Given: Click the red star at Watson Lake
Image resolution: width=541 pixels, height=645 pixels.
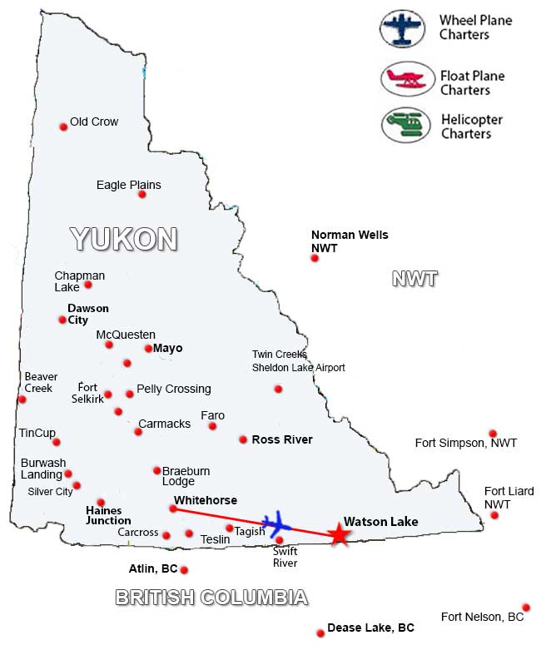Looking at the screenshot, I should click(x=339, y=534).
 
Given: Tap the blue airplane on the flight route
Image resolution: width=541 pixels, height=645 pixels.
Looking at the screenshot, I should click(x=276, y=524).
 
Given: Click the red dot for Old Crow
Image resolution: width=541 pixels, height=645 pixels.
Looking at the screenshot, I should click(x=63, y=127).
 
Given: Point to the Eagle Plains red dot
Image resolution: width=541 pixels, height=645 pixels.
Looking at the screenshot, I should click(x=142, y=195).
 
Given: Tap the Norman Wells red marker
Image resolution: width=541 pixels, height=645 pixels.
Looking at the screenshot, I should click(x=315, y=259).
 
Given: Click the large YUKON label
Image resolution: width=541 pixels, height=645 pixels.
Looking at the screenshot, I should click(x=124, y=239).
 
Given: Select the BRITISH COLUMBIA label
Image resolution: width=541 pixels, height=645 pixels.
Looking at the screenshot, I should click(x=211, y=598).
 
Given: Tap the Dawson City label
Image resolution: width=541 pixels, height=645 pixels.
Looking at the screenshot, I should click(x=88, y=314).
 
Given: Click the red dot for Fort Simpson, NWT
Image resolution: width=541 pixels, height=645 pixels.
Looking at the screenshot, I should click(x=493, y=434).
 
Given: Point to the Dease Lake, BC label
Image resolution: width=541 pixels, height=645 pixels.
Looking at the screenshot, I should click(x=370, y=628).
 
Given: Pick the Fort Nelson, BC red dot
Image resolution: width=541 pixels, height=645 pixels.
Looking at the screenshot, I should click(x=526, y=608).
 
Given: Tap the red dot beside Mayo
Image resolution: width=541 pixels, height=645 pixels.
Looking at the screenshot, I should click(x=148, y=349).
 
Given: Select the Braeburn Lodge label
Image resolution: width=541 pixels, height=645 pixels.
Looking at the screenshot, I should click(x=186, y=476).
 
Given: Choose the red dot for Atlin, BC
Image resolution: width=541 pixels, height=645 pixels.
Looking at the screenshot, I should click(x=184, y=570).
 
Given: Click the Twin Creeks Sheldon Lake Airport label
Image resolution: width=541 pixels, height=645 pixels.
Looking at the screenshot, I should click(x=298, y=361).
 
